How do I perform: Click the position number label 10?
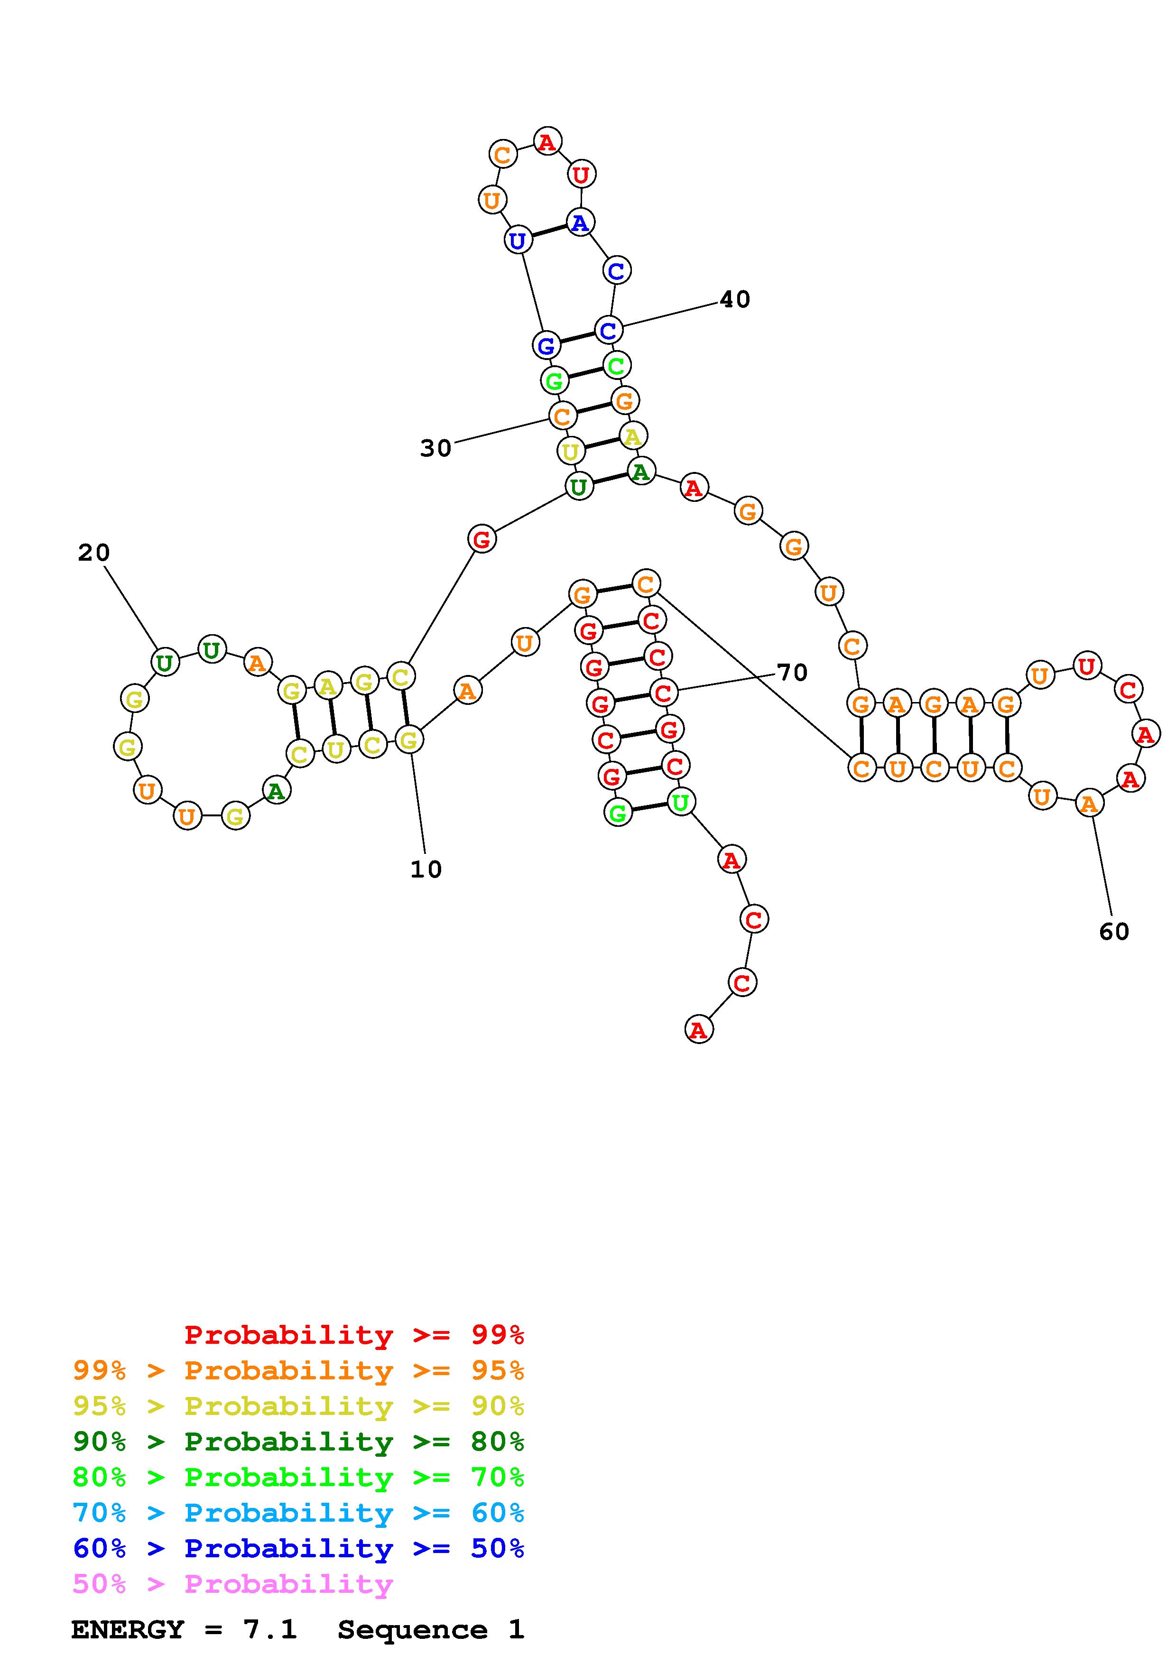(x=426, y=869)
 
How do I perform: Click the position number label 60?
(x=1114, y=931)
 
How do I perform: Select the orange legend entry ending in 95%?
(x=298, y=1370)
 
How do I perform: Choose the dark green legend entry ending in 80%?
(x=298, y=1441)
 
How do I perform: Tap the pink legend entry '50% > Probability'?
(x=232, y=1583)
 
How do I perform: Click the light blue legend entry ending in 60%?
(x=298, y=1513)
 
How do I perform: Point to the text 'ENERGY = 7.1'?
(x=184, y=1629)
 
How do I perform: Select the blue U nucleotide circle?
(x=518, y=240)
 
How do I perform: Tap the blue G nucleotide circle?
(x=546, y=345)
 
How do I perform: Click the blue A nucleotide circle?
(x=580, y=222)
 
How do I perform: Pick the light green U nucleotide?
(x=680, y=802)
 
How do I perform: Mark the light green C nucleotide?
(x=616, y=365)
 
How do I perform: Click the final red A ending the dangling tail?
(x=698, y=1029)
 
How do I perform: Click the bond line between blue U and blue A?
(x=548, y=231)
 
